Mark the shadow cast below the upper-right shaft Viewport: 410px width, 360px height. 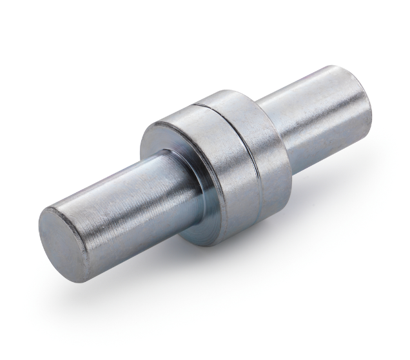tap(335, 168)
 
